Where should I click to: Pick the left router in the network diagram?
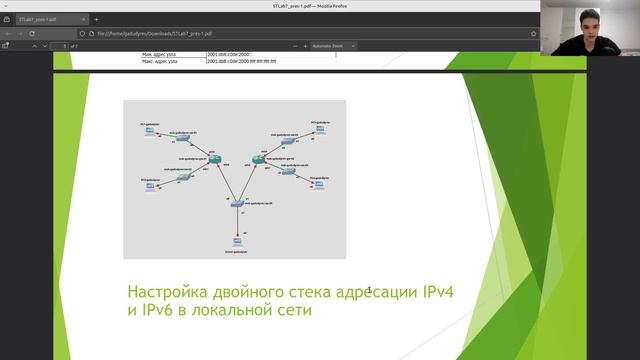(214, 159)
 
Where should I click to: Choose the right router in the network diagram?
(258, 159)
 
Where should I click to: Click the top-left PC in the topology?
(147, 131)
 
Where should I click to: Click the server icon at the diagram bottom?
(236, 241)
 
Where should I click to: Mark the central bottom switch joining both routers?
(236, 203)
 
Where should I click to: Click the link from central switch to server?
(236, 222)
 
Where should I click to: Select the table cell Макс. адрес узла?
(160, 61)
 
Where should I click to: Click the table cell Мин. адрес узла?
(160, 54)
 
